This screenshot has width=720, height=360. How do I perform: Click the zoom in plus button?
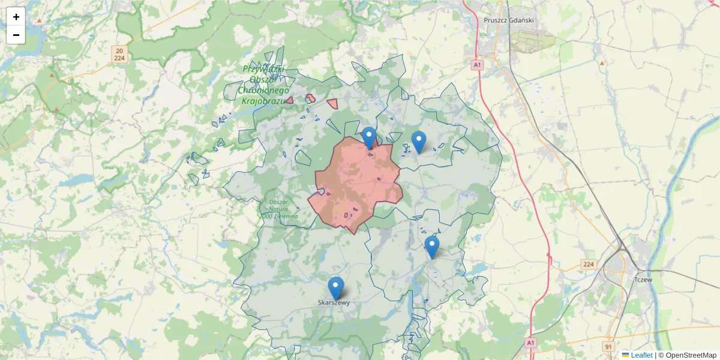[x=16, y=17]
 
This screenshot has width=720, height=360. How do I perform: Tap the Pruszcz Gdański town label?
[x=508, y=20]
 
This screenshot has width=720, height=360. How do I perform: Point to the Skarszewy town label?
[x=334, y=303]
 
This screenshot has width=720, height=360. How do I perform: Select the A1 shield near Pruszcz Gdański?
[x=477, y=65]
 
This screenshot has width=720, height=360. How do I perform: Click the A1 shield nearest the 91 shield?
[x=530, y=342]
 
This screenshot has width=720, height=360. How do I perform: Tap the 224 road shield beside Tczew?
[x=588, y=264]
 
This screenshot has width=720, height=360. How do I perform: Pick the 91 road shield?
[x=609, y=346]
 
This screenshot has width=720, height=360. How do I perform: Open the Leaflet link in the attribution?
[x=641, y=355]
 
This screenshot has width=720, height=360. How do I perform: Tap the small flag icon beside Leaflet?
[x=626, y=355]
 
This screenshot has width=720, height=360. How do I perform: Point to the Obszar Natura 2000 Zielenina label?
[x=279, y=209]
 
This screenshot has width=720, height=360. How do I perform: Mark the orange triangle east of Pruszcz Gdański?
[x=602, y=62]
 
